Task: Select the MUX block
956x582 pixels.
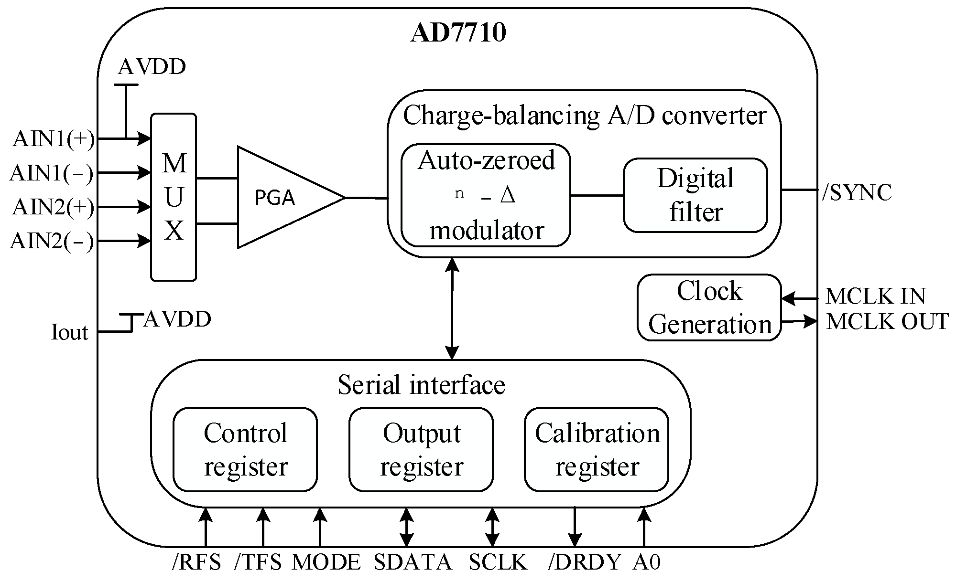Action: [x=174, y=197]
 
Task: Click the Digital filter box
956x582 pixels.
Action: [x=695, y=195]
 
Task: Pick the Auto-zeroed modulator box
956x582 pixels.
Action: [x=486, y=195]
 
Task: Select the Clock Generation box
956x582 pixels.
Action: [x=709, y=307]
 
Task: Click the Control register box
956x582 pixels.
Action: [x=245, y=450]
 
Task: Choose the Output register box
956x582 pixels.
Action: [x=421, y=450]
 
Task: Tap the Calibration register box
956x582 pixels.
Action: [x=597, y=450]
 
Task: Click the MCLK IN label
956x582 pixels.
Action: [x=875, y=296]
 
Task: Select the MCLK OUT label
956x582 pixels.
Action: [x=887, y=322]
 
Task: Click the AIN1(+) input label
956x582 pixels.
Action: [x=53, y=139]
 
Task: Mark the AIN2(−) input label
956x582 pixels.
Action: [x=52, y=241]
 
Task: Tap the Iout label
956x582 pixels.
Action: [x=69, y=332]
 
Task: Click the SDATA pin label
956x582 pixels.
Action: [x=413, y=562]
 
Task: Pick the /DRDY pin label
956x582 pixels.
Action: [x=585, y=562]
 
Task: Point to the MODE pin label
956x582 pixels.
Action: [x=326, y=562]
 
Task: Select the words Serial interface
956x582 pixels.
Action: [x=421, y=385]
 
